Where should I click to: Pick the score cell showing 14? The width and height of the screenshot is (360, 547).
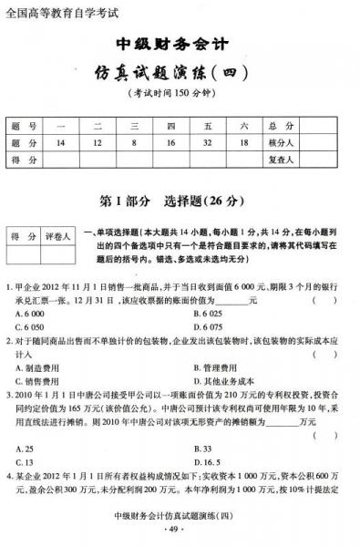[x=61, y=143]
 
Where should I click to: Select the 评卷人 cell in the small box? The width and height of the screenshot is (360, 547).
[x=57, y=236]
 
